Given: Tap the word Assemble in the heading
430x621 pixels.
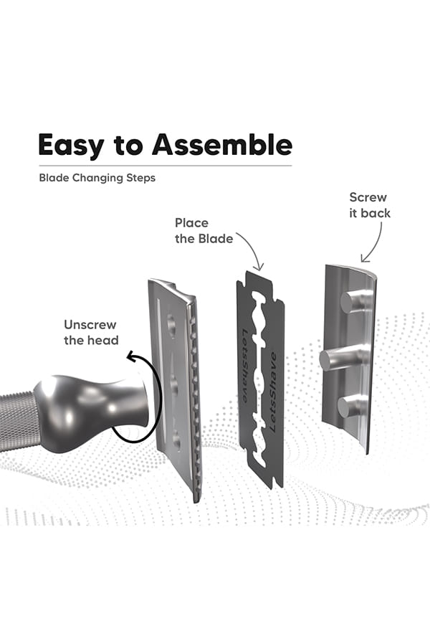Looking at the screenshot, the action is [222, 144].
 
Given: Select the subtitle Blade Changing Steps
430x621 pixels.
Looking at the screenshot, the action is [97, 178].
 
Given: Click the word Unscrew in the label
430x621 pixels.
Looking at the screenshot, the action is [90, 325].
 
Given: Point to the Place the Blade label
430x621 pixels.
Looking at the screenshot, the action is [204, 231].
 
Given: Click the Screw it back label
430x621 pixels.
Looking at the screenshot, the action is [369, 205].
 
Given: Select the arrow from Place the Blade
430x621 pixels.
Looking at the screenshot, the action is [252, 247].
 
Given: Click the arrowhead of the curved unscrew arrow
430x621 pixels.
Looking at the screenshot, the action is [132, 357].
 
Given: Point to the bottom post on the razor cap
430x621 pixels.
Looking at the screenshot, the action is [352, 407].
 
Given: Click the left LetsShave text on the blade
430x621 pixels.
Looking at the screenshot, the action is [246, 366].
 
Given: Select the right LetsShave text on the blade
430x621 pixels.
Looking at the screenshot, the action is [272, 392].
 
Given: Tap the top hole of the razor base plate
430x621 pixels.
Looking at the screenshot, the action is [172, 325].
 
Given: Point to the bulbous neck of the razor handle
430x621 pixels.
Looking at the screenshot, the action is [92, 412].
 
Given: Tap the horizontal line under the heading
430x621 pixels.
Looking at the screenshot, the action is [166, 166].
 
